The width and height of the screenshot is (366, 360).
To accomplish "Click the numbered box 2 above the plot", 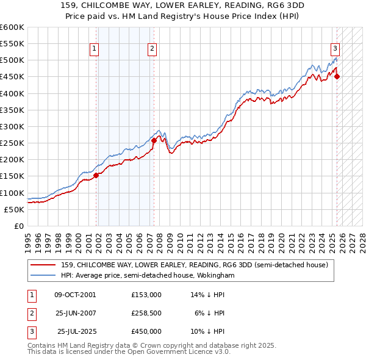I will (x=151, y=50).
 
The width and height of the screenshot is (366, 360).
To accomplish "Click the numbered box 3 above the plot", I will (x=335, y=50).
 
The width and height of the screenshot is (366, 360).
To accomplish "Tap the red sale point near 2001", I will (x=96, y=175).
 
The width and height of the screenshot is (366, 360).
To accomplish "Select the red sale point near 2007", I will (x=154, y=140).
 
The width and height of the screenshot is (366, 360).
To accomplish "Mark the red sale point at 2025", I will (x=337, y=77).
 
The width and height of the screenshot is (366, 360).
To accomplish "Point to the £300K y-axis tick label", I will (x=12, y=126).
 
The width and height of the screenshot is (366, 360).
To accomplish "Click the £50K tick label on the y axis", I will (x=15, y=209).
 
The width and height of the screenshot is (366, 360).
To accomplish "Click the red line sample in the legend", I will (x=43, y=265).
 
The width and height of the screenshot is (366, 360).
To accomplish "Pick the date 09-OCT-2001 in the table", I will (x=75, y=295).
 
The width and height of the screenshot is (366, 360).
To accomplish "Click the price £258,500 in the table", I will (x=146, y=313).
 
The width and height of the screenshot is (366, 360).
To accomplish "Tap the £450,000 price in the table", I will (x=146, y=331).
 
